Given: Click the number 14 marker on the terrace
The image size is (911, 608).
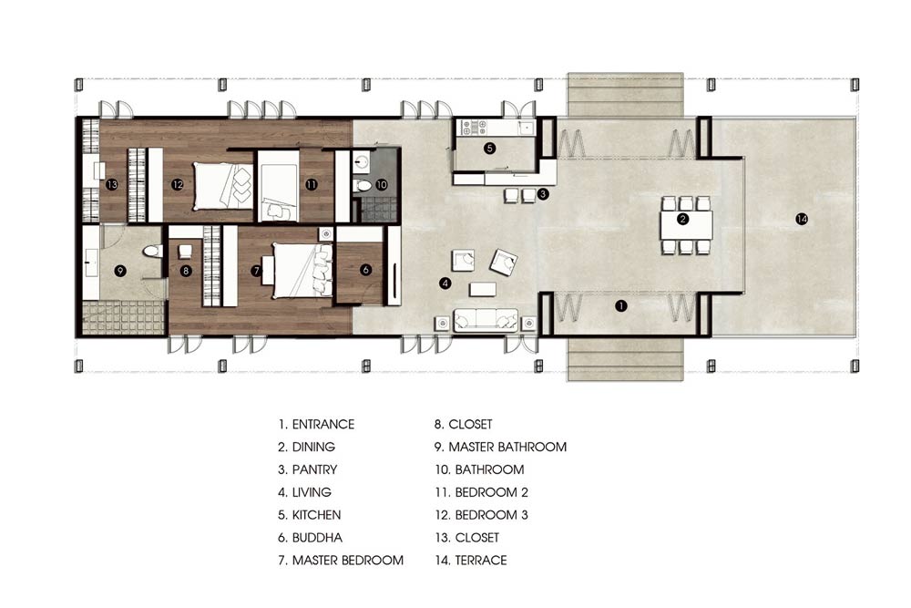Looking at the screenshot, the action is pos(802,219).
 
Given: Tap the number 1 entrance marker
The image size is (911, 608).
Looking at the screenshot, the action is pos(621,305).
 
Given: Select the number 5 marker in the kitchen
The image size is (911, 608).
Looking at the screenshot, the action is pos(490,149).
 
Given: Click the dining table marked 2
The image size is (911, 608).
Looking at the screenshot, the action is pos(686,225).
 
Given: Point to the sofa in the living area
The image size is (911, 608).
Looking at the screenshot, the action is pos(486,320).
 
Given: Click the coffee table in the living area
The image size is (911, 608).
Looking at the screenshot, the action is pos(483,289).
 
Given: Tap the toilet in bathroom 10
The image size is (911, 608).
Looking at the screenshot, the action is pos(363,186).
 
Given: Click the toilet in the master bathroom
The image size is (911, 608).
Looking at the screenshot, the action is pos(152,252).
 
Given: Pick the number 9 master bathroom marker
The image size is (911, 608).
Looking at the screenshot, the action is pos(120,271).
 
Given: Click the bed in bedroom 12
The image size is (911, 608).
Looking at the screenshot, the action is pos(223,186).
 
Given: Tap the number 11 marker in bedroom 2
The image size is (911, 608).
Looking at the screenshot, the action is pos(312,184).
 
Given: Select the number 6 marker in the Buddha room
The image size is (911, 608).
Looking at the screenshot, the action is pos(365,270).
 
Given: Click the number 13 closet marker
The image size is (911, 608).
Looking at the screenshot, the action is pos(112,184).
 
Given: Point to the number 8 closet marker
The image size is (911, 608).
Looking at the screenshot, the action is pos(186,271).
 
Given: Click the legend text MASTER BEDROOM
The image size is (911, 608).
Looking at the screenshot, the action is pos(347,561).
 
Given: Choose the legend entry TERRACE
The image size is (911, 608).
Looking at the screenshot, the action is pos(480,561).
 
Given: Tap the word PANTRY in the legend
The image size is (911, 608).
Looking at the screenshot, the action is pos(314,469).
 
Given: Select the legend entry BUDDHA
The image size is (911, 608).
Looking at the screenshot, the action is pos(317,538).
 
